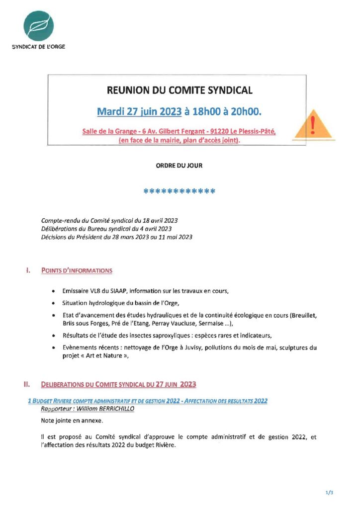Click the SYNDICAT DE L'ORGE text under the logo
(x=38, y=47)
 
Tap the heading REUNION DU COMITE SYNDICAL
(x=180, y=90)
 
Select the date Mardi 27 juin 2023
(x=139, y=112)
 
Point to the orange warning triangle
(x=312, y=125)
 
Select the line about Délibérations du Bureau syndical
(x=106, y=229)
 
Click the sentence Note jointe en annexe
(x=72, y=421)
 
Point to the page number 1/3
(x=329, y=492)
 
